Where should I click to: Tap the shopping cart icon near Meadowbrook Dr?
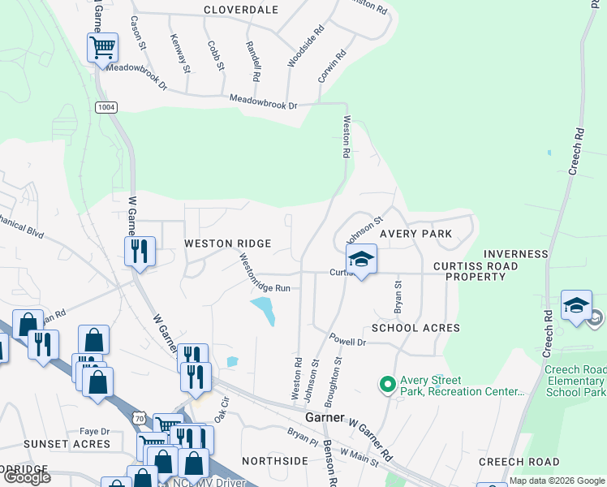(x=102, y=47)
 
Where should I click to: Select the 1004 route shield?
(x=105, y=107)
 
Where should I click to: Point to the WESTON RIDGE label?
(x=227, y=243)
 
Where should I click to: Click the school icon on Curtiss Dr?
(x=361, y=260)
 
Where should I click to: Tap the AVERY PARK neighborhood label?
(x=415, y=234)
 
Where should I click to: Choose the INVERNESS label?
(x=515, y=254)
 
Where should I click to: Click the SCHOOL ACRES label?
(x=415, y=328)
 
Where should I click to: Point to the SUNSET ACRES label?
(x=67, y=444)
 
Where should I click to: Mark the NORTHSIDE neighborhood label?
(x=274, y=461)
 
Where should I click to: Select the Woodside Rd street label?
(x=306, y=45)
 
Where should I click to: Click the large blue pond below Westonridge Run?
(x=262, y=309)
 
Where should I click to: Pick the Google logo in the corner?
(x=27, y=477)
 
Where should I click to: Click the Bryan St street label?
(x=398, y=298)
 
